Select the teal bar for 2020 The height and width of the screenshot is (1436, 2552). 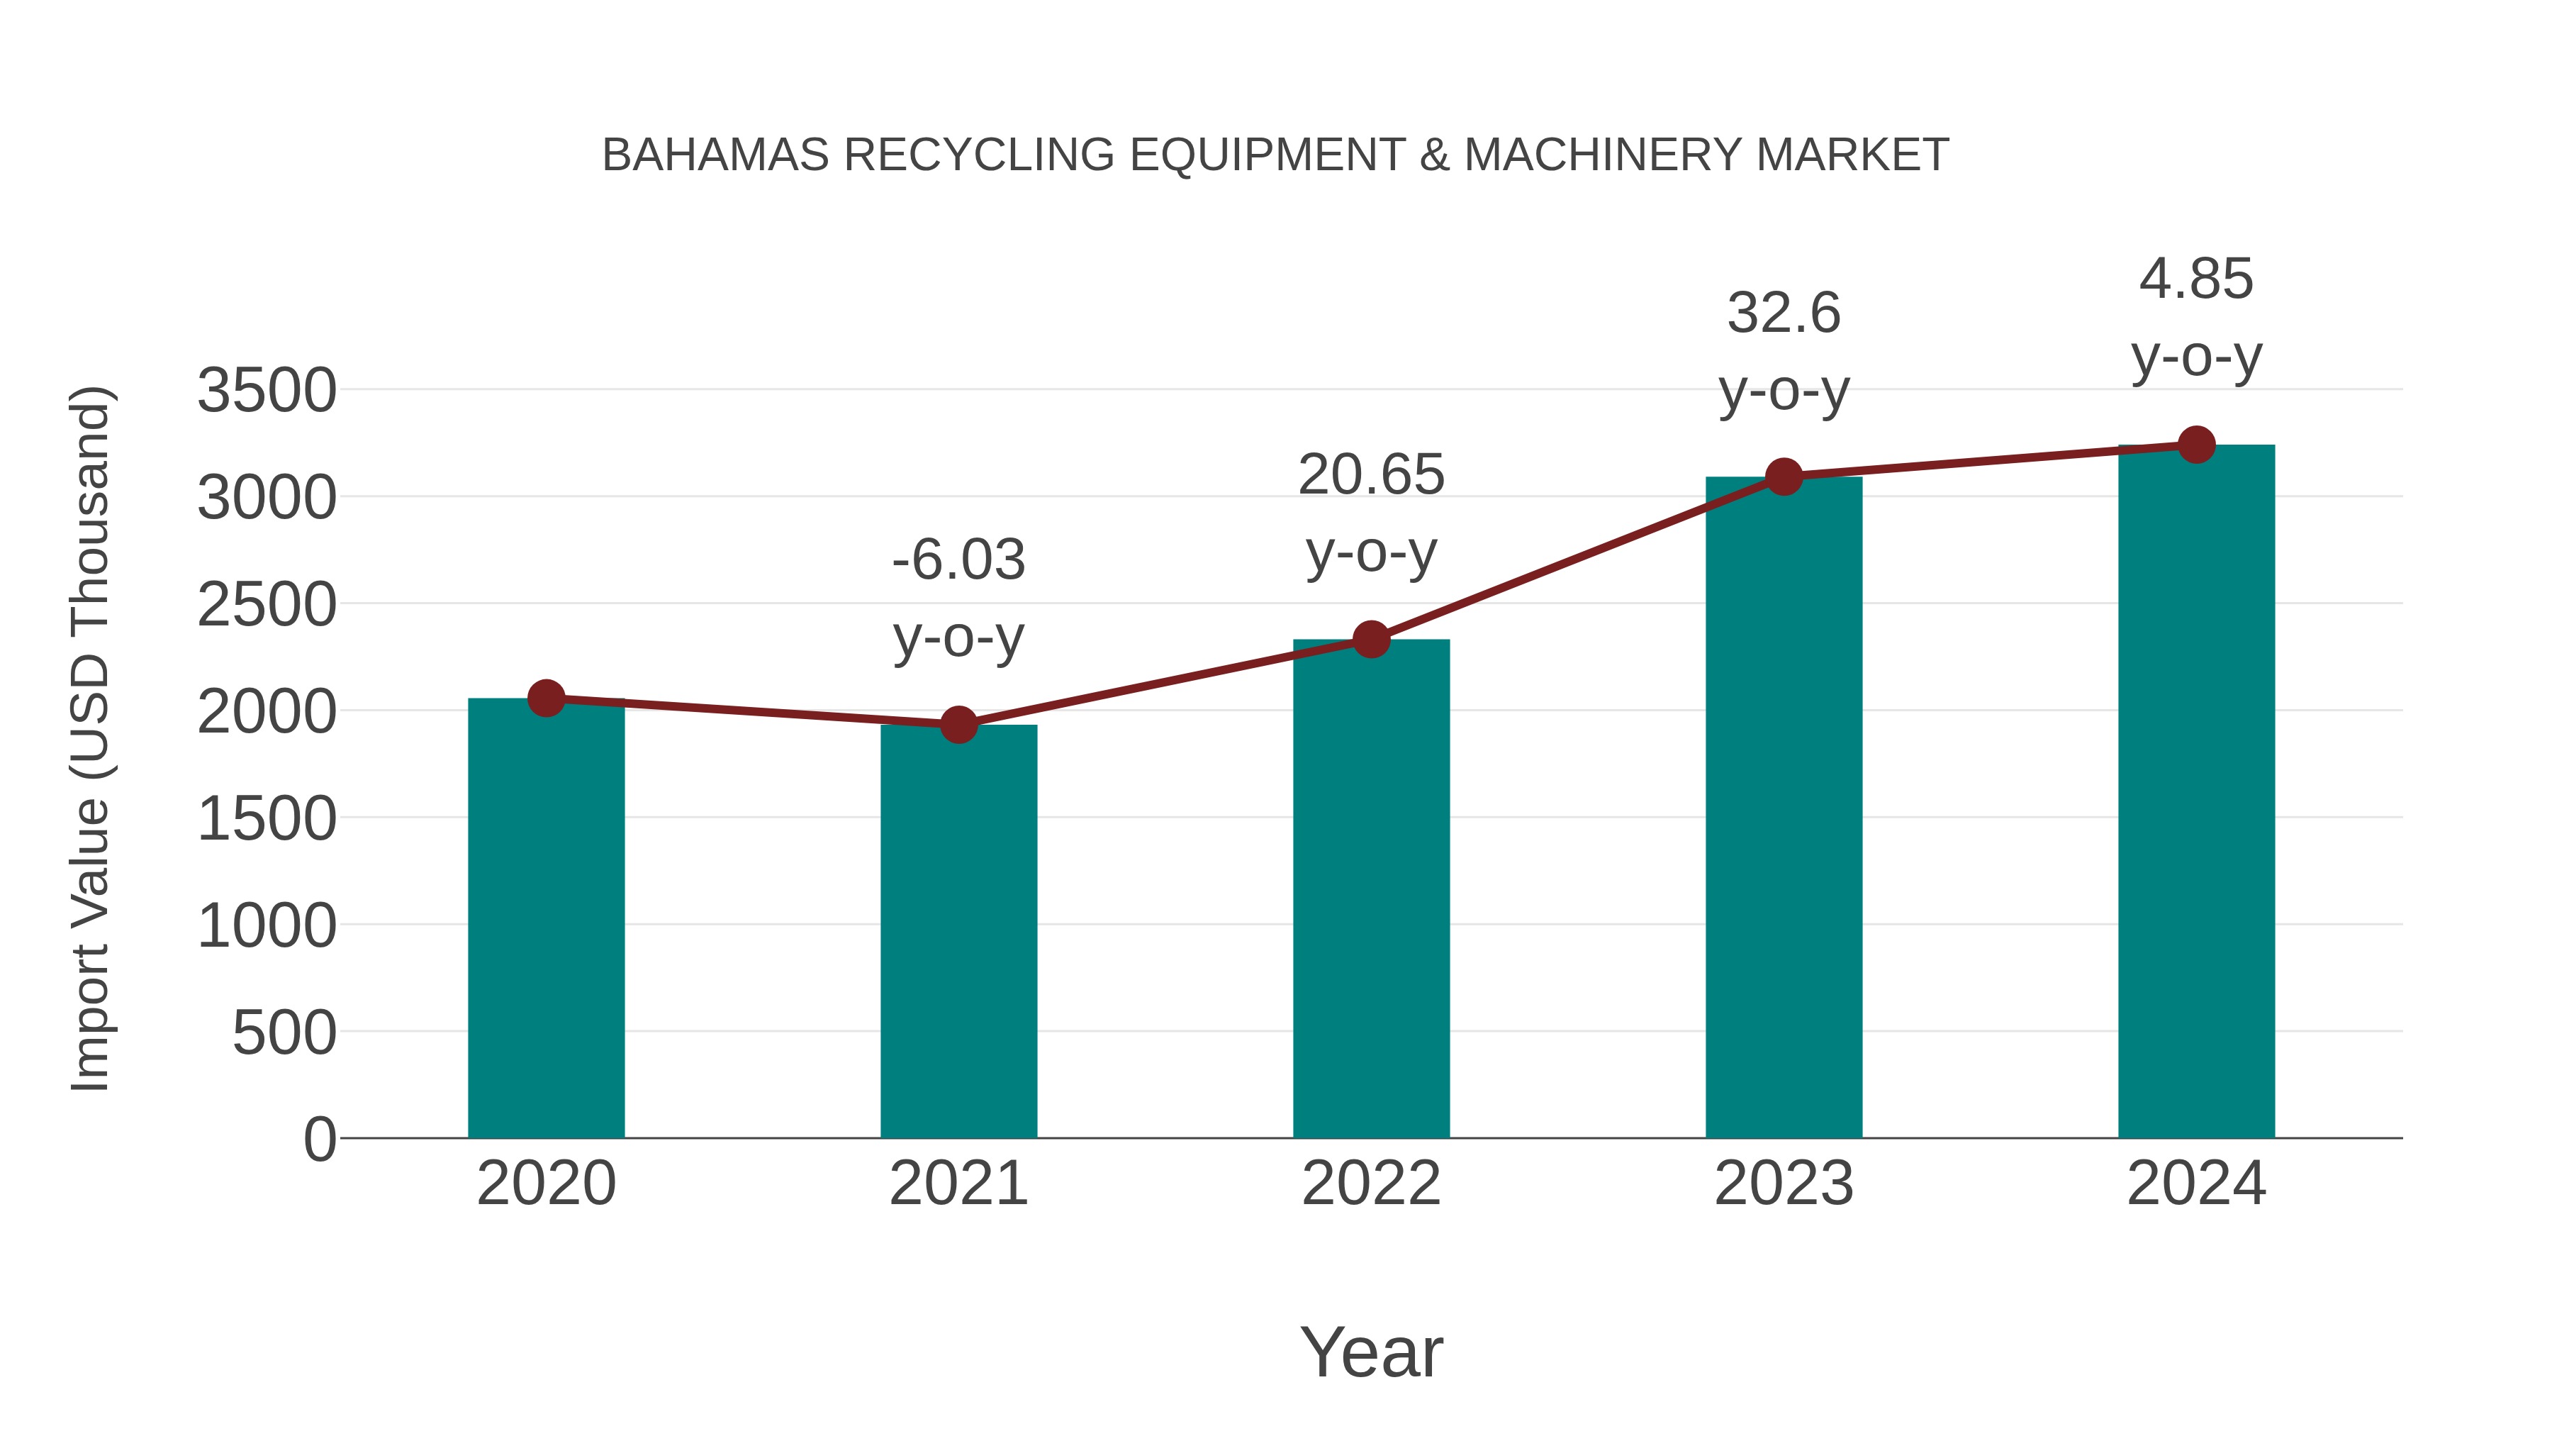point(546,922)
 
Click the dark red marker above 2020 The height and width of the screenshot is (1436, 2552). point(546,698)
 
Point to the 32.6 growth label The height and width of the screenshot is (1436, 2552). point(1784,351)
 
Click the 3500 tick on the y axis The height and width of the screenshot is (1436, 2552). point(267,391)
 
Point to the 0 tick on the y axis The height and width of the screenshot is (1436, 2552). point(319,1139)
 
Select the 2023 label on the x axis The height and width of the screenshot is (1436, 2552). point(1784,1184)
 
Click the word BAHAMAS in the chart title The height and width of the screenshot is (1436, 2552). point(715,155)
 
